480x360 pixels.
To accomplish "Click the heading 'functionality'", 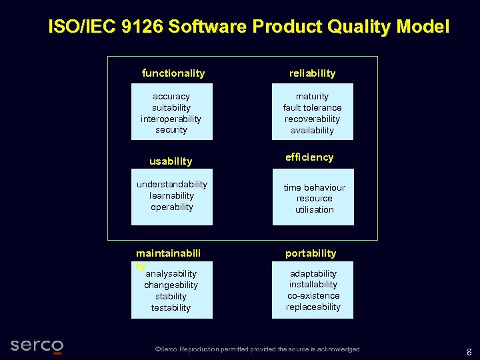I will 173,73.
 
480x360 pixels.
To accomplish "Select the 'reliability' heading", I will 312,73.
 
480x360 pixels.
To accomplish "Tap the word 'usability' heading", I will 171,161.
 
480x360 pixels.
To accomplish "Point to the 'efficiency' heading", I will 309,157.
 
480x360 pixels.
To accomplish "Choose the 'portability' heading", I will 311,253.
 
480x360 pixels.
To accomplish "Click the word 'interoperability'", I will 171,119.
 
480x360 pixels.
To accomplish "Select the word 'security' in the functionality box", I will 171,130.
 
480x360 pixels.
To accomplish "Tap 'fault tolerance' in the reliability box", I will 312,108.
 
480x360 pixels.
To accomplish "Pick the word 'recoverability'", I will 312,119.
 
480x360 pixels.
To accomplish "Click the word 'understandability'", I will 172,185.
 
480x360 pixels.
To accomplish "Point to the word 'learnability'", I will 172,196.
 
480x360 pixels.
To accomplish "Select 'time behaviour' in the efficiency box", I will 314,188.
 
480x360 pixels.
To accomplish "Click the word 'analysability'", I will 171,274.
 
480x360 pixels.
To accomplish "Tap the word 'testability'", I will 171,308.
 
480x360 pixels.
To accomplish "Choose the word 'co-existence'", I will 313,296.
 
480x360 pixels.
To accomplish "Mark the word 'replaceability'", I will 313,307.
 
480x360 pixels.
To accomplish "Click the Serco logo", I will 37,345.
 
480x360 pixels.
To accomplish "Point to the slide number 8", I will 469,352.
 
